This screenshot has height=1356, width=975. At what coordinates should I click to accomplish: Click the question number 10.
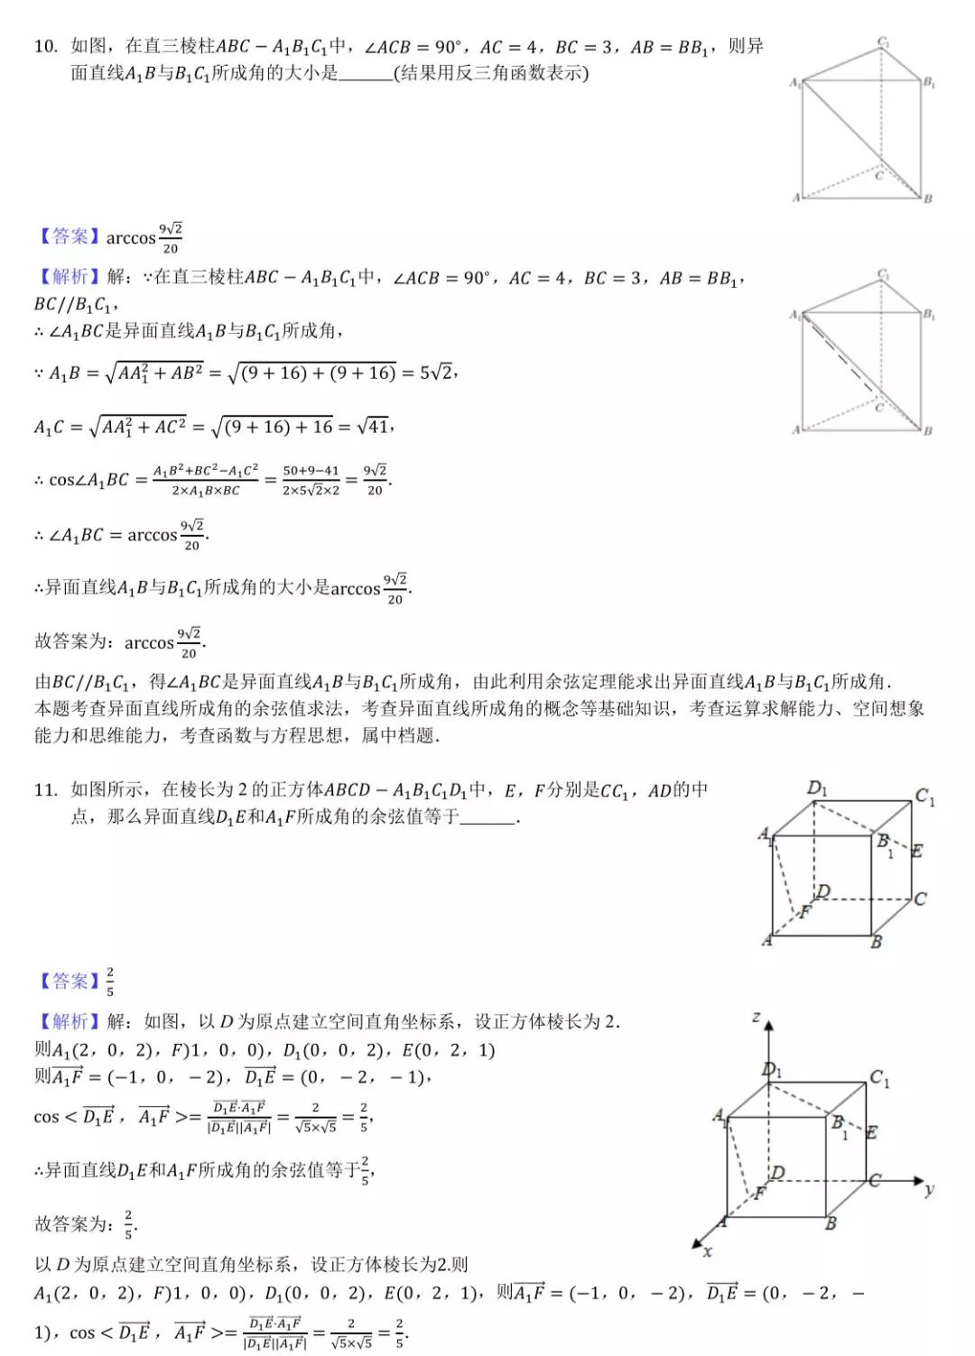[x=45, y=46]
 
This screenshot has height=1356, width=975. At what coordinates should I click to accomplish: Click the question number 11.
[x=45, y=790]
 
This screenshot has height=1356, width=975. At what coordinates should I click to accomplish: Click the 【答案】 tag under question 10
[x=68, y=237]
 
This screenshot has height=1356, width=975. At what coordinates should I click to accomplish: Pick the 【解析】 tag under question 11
[x=68, y=1021]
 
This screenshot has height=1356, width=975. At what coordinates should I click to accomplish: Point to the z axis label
[x=757, y=1018]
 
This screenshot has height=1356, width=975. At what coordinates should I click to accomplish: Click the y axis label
[x=929, y=1190]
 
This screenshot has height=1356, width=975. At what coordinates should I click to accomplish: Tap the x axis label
[x=708, y=1251]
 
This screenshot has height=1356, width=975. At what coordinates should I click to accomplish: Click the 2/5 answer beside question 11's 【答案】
[x=110, y=981]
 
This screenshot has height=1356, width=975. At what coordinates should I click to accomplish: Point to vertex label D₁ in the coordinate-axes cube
[x=772, y=1071]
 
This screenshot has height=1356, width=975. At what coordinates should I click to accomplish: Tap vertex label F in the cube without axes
[x=805, y=912]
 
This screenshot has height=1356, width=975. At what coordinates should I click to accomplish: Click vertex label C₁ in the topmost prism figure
[x=883, y=42]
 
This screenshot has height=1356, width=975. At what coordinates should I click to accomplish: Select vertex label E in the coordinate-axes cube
[x=871, y=1132]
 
